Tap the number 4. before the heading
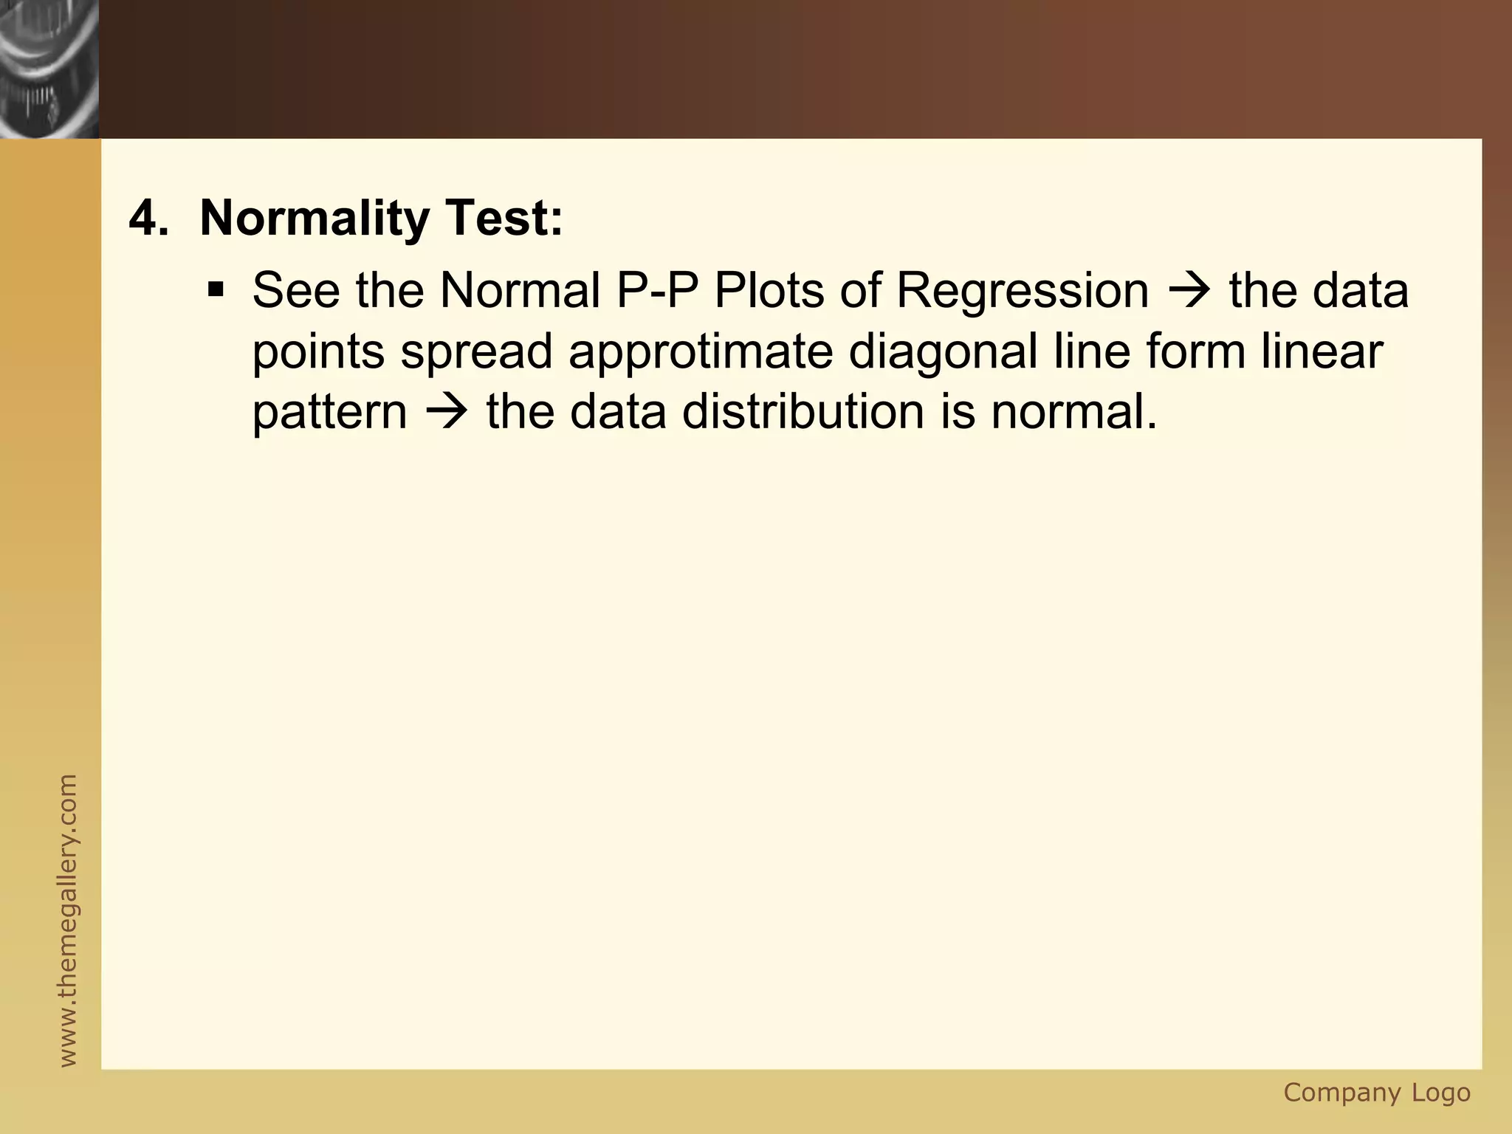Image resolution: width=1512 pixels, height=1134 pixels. click(x=148, y=219)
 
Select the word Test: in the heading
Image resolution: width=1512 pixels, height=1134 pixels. click(x=503, y=219)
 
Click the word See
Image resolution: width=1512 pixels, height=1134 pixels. click(x=296, y=290)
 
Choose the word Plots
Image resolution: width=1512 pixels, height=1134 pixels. click(x=769, y=290)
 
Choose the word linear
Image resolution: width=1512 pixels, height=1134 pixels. click(x=1322, y=351)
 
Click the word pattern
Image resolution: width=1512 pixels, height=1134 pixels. click(x=329, y=413)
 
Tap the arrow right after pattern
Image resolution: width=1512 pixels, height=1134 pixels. click(x=446, y=411)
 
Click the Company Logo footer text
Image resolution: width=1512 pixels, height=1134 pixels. click(x=1377, y=1092)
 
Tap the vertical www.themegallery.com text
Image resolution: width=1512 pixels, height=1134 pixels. click(x=67, y=920)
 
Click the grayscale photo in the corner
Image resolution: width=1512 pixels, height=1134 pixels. click(x=49, y=69)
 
